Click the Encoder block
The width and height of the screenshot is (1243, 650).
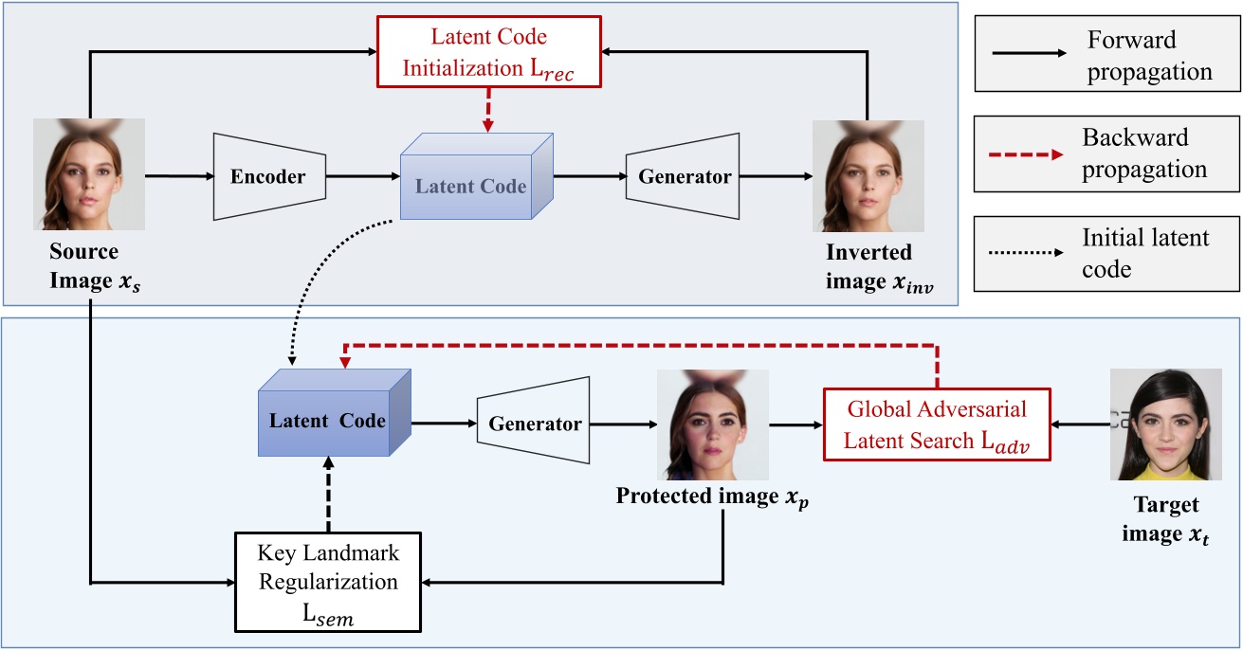point(269,176)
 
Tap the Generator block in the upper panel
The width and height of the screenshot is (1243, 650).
point(684,176)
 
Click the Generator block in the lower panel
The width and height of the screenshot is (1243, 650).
point(535,424)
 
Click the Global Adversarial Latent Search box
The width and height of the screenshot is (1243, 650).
point(937,424)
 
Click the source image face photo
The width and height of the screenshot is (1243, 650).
point(89,174)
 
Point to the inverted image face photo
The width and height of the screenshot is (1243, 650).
point(868,176)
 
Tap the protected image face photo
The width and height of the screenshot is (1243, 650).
point(713,424)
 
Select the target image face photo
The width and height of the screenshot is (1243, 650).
point(1166,424)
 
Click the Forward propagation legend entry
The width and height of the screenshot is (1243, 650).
point(1106,55)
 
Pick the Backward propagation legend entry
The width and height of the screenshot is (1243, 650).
point(1106,153)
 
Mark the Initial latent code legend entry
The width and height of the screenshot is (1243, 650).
point(1106,252)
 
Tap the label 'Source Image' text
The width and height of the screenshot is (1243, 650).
point(86,264)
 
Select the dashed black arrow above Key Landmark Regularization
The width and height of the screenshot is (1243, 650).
point(328,493)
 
